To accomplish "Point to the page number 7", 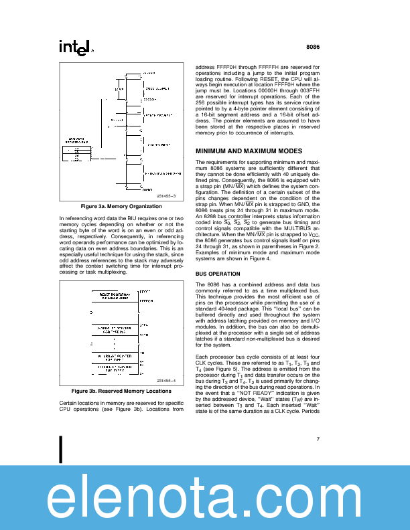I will pyautogui.click(x=318, y=440).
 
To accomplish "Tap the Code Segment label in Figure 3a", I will pyautogui.click(x=158, y=88).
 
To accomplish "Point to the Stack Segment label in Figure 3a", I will pyautogui.click(x=158, y=115).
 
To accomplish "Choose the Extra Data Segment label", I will pyautogui.click(x=159, y=173).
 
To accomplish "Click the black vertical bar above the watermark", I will pyautogui.click(x=62, y=450).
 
